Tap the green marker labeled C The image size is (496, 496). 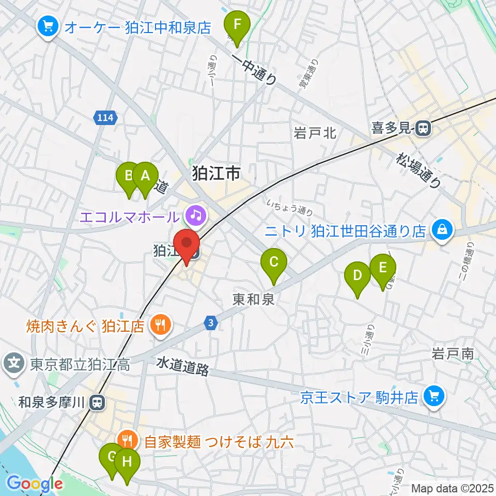274,264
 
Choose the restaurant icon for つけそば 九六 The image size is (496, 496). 127,441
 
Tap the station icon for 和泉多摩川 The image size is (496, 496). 96,401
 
